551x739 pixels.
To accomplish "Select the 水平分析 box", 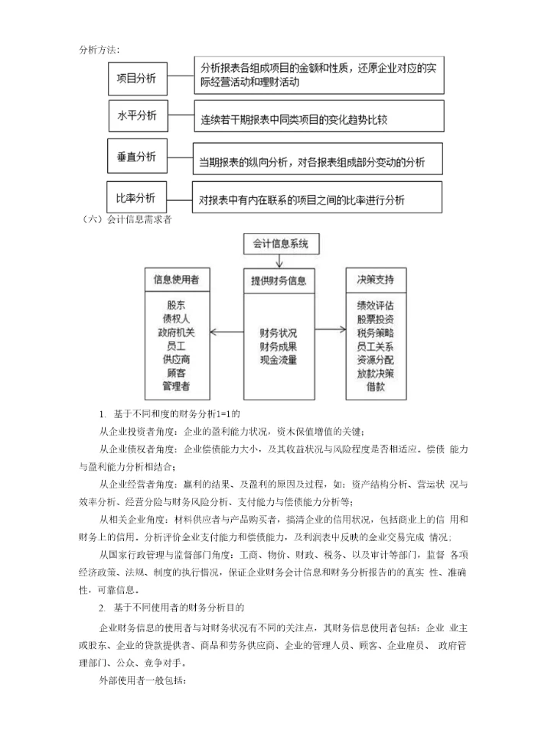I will click(x=137, y=117).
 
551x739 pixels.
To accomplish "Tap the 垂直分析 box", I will click(x=136, y=157).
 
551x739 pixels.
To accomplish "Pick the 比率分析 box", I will click(x=135, y=199).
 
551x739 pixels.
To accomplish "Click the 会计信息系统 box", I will click(x=281, y=245).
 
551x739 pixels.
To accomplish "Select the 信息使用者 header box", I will click(x=177, y=280).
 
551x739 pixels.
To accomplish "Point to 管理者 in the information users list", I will click(x=176, y=387).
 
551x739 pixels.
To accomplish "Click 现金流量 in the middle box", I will click(x=279, y=359).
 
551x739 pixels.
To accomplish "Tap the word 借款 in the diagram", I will click(x=376, y=387).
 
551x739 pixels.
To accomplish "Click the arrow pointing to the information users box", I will click(x=217, y=331).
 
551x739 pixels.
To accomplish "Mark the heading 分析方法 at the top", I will click(x=99, y=50).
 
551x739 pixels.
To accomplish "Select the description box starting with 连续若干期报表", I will click(x=318, y=118).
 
